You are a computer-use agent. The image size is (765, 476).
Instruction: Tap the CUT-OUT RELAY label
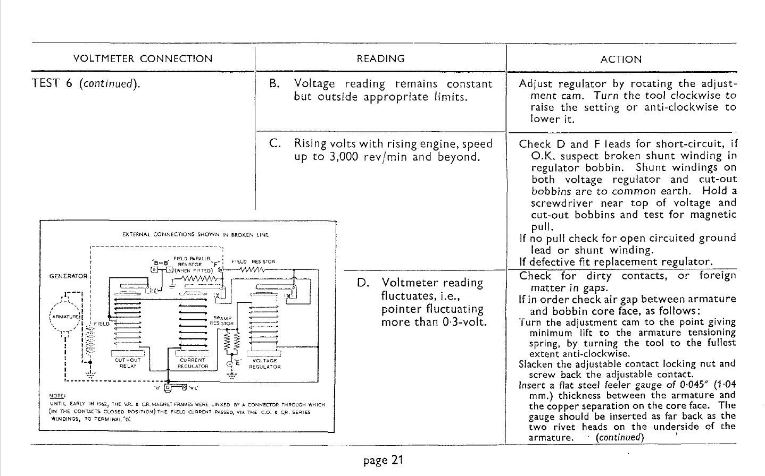pyautogui.click(x=127, y=363)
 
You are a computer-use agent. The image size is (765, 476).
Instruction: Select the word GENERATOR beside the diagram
pyautogui.click(x=68, y=276)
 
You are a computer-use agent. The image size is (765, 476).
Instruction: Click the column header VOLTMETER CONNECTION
pyautogui.click(x=142, y=59)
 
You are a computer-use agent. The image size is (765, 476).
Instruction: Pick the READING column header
pyautogui.click(x=380, y=58)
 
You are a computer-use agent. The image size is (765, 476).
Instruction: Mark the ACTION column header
pyautogui.click(x=621, y=59)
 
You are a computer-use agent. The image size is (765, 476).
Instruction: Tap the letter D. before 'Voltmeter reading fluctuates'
pyautogui.click(x=364, y=283)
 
